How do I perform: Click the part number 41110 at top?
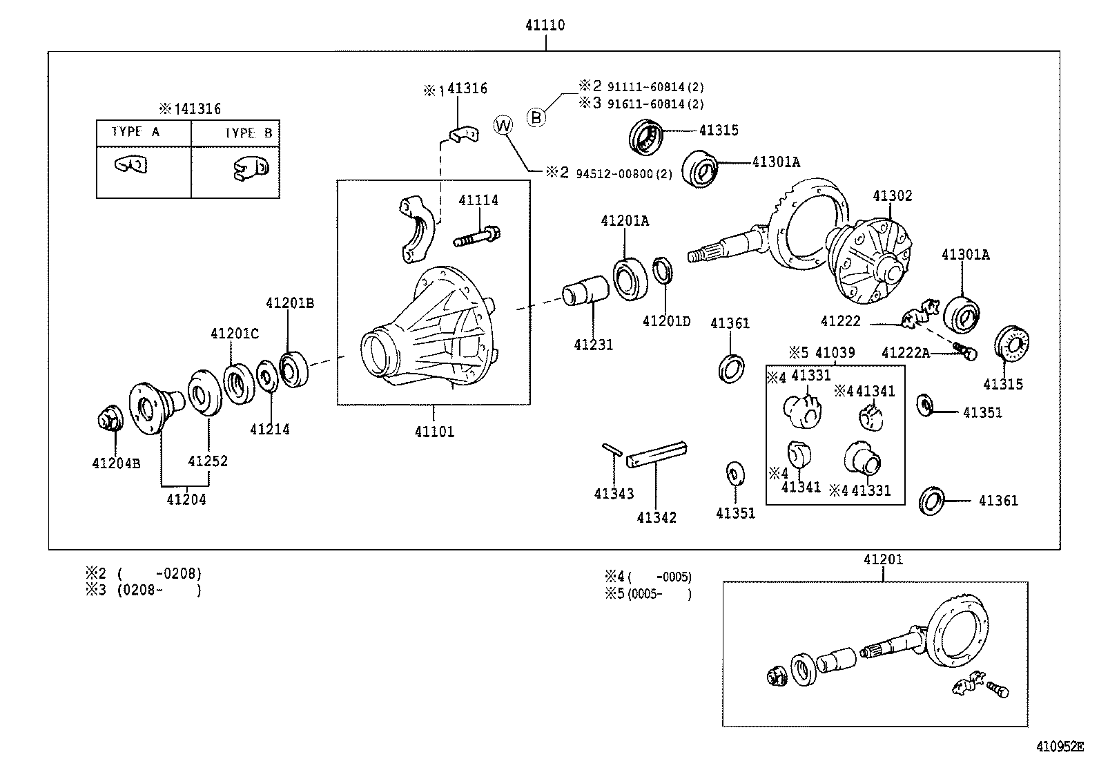545,26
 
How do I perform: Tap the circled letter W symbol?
504,125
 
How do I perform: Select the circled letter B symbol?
536,117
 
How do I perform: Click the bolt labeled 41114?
478,236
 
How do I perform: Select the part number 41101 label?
434,432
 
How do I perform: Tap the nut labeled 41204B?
109,420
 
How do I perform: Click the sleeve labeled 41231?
585,291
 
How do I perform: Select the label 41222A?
905,354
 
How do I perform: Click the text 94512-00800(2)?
623,173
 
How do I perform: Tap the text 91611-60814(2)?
655,104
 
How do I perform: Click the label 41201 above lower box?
882,559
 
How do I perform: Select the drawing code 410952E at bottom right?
1060,747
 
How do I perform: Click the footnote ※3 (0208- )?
144,590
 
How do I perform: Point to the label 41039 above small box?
835,352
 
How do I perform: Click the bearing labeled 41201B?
295,367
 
